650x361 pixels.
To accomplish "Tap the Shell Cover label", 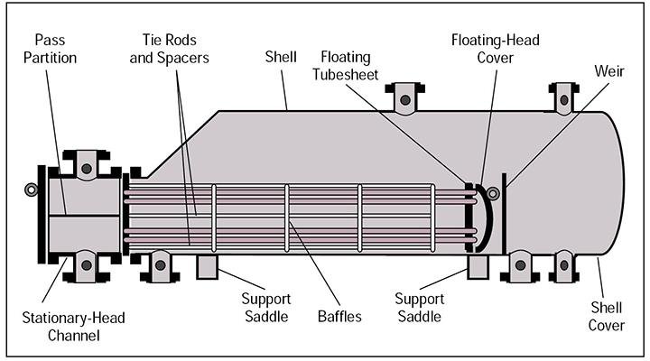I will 607,316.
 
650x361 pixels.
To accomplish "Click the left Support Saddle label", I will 264,308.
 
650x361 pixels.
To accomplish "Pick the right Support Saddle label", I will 420,308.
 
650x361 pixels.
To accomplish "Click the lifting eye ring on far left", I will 32,190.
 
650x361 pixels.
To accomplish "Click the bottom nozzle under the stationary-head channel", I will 86,264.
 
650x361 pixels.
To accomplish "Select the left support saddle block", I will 208,266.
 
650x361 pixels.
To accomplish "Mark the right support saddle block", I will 478,267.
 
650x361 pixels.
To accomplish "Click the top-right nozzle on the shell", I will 562,97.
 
